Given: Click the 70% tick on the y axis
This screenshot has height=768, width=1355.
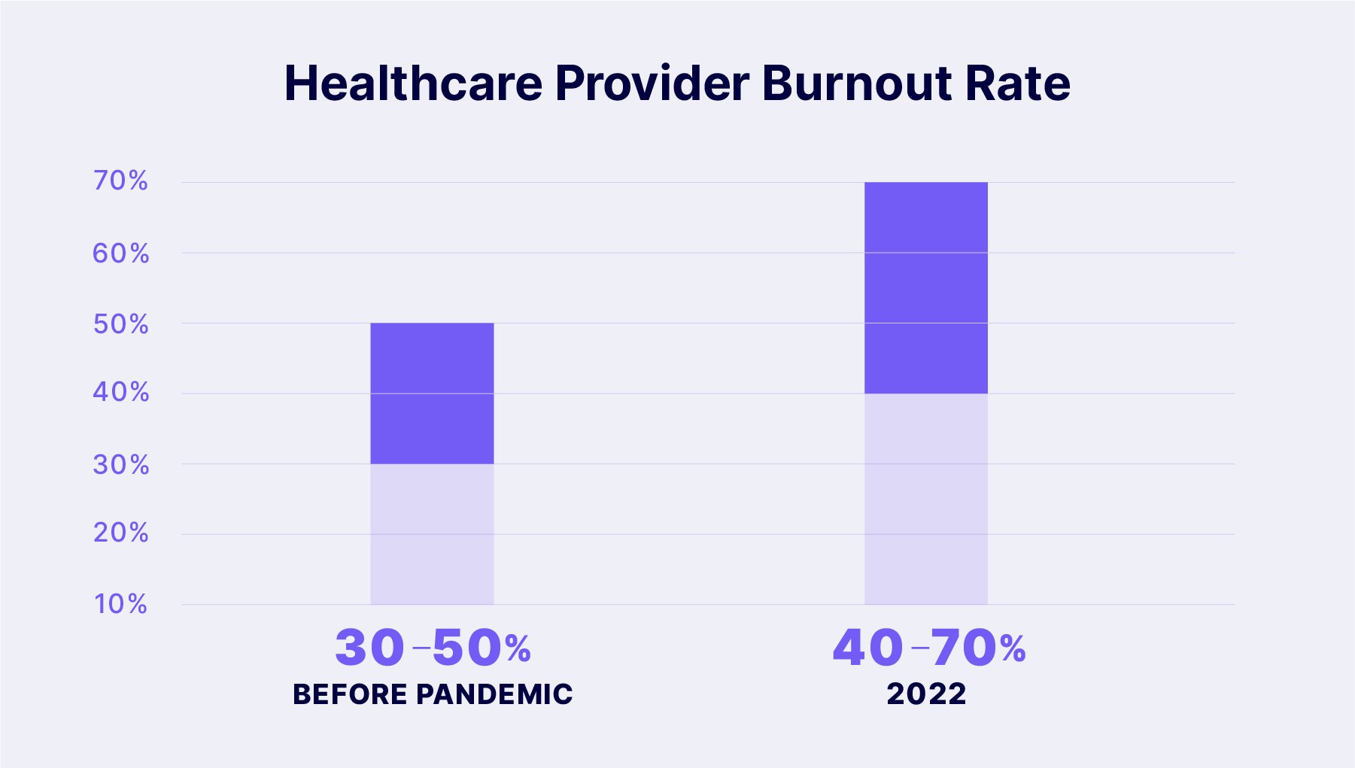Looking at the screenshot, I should tap(120, 181).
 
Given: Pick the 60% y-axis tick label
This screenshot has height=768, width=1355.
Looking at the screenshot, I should tap(120, 253).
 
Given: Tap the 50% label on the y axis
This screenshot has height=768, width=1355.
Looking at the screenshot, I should tap(120, 324).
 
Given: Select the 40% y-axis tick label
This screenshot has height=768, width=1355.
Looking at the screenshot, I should tap(120, 392).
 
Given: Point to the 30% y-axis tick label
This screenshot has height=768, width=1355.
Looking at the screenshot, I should tap(120, 465).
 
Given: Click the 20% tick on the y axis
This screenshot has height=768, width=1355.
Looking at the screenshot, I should tap(120, 533).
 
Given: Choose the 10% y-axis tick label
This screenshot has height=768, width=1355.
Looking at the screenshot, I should tap(120, 603).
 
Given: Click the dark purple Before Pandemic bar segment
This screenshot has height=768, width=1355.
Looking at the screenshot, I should tap(432, 393).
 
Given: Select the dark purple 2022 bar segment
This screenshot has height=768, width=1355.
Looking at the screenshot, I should tap(925, 287).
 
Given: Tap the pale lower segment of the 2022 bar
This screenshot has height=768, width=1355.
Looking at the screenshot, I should tap(925, 499).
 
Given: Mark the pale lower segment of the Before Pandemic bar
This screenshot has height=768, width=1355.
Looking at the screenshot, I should tap(432, 534).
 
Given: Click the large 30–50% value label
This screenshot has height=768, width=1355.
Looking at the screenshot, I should tap(433, 648).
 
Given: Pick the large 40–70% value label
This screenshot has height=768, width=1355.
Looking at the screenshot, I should tap(928, 648).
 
